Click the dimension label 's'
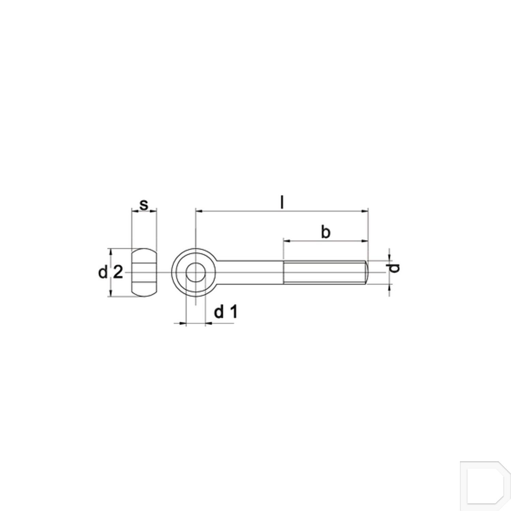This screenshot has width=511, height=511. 144,205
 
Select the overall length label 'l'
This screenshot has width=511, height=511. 281,203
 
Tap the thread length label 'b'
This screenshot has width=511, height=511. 326,232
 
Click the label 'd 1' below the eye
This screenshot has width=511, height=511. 225,312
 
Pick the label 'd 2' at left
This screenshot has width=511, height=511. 110,273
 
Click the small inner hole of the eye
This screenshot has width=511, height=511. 196,272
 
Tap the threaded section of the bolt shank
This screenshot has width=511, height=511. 324,272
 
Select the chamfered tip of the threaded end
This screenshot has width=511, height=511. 367,272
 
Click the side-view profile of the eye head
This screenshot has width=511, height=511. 144,273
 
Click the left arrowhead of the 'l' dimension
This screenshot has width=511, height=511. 198,212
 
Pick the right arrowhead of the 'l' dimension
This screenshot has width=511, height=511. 366,212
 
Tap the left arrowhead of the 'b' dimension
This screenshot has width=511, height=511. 287,241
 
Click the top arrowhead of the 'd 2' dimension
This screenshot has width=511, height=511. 110,251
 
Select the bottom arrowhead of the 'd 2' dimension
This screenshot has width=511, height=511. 110,294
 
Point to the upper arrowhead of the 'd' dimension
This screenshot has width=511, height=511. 389,258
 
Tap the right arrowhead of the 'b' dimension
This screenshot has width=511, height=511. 366,241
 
